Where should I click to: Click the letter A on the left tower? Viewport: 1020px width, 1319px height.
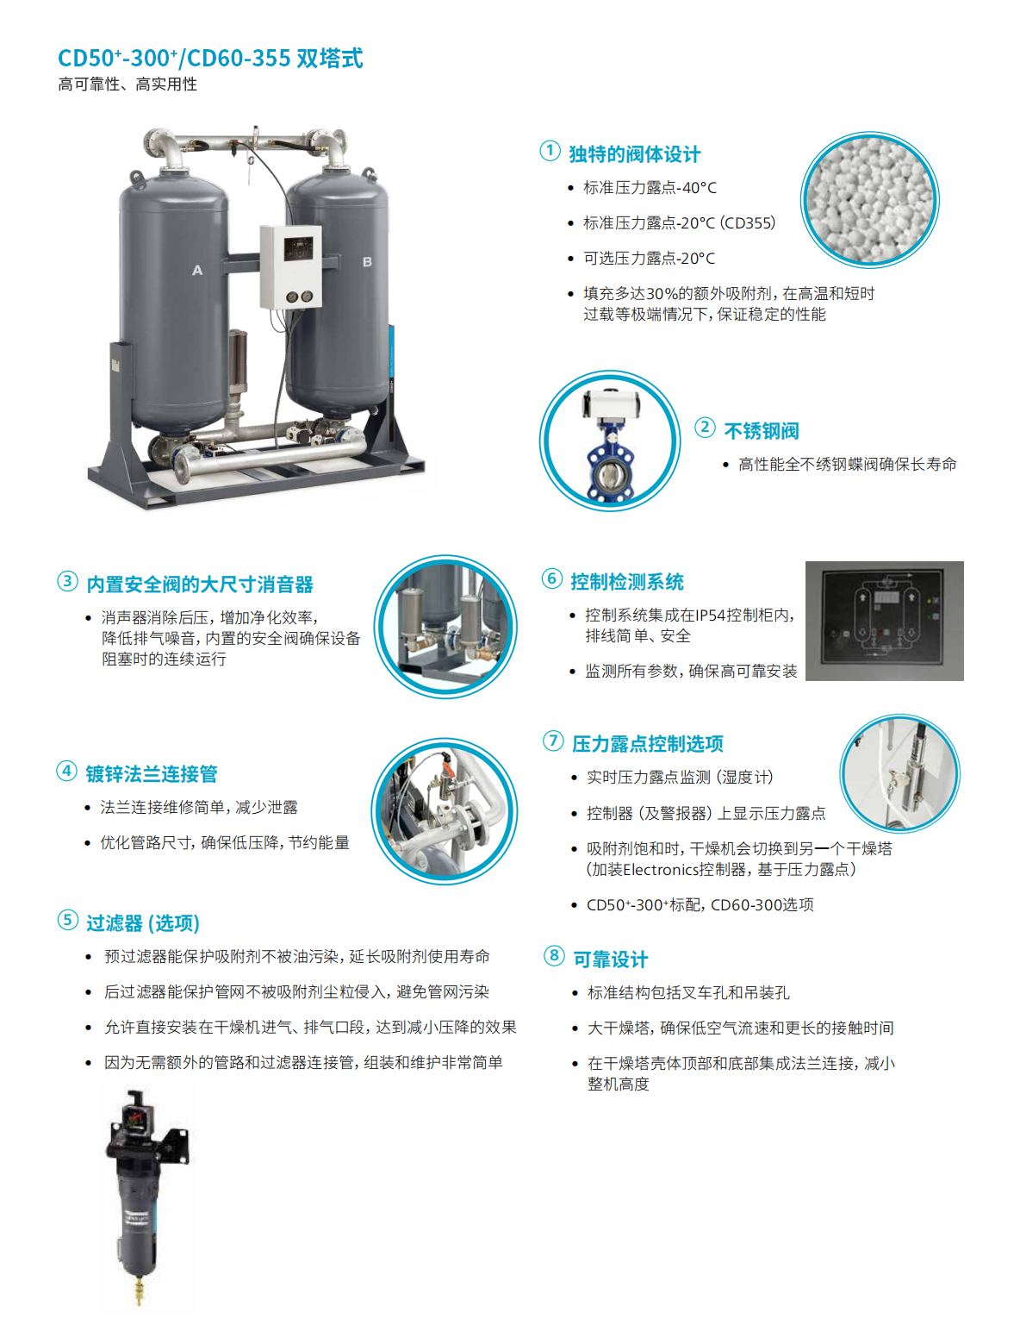197,270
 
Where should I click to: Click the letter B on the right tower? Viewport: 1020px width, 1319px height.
367,261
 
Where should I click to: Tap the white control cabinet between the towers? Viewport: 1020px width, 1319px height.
290,267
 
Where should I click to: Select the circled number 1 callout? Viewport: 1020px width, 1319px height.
550,151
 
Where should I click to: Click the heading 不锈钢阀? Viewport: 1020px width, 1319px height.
761,431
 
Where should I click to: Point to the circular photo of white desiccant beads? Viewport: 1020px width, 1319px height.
869,200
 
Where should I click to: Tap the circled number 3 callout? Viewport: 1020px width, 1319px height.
67,581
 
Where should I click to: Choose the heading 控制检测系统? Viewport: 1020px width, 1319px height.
627,582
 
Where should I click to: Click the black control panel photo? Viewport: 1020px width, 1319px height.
884,621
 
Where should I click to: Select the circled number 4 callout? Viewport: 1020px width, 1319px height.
66,771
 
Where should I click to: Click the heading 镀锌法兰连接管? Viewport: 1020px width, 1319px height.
151,774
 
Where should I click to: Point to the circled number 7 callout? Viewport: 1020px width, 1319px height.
553,741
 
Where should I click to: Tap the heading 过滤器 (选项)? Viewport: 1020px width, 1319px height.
143,922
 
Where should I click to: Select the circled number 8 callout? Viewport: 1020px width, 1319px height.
554,955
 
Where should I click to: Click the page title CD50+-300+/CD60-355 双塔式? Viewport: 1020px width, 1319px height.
210,59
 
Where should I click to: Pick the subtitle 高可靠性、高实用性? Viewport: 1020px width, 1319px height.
128,84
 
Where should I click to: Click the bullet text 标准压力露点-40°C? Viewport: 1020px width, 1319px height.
650,188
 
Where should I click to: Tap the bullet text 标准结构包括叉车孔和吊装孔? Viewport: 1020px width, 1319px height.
688,992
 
